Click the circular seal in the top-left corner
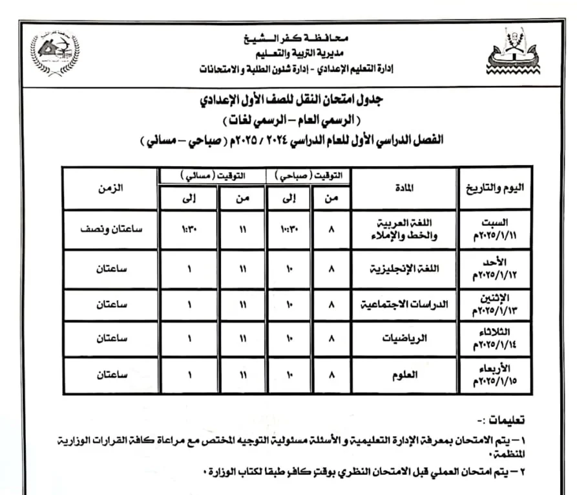click(x=55, y=54)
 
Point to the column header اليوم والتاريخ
click(x=495, y=188)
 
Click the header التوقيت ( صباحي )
click(x=308, y=175)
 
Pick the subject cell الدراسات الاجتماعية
click(x=404, y=303)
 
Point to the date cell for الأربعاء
click(x=495, y=373)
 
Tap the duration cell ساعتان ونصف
click(x=111, y=228)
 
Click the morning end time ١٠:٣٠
click(x=289, y=228)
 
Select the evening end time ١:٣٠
click(x=188, y=228)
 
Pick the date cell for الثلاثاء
click(x=495, y=337)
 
